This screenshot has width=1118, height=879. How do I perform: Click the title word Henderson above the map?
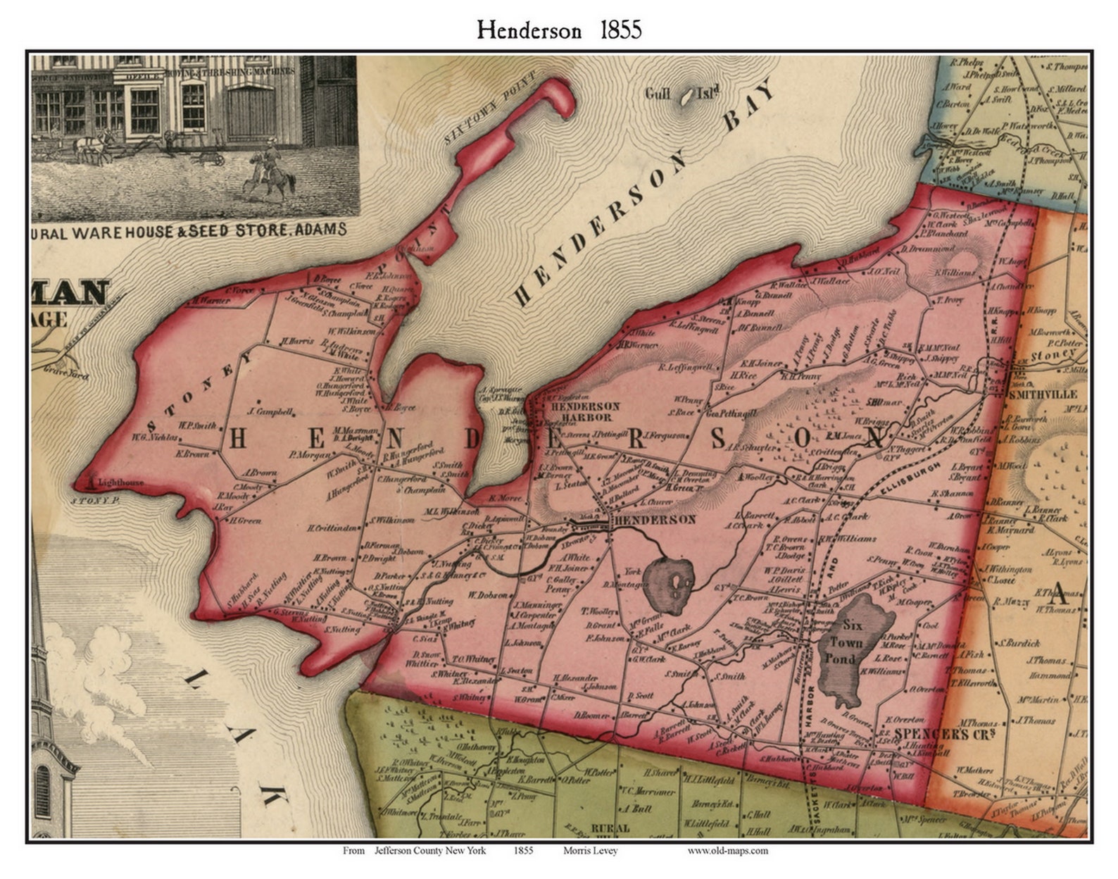[x=529, y=30]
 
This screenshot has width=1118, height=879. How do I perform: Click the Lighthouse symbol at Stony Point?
[x=92, y=482]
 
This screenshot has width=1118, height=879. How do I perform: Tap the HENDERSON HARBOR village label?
[x=584, y=411]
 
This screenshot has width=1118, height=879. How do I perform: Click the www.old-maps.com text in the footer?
[x=727, y=850]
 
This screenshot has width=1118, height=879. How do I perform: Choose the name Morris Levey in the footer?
[x=590, y=850]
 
